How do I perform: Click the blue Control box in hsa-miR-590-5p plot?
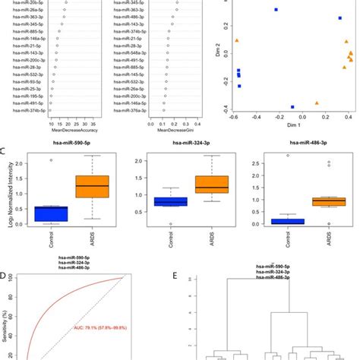point(52,213)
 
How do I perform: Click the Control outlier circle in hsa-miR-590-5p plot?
point(52,160)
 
